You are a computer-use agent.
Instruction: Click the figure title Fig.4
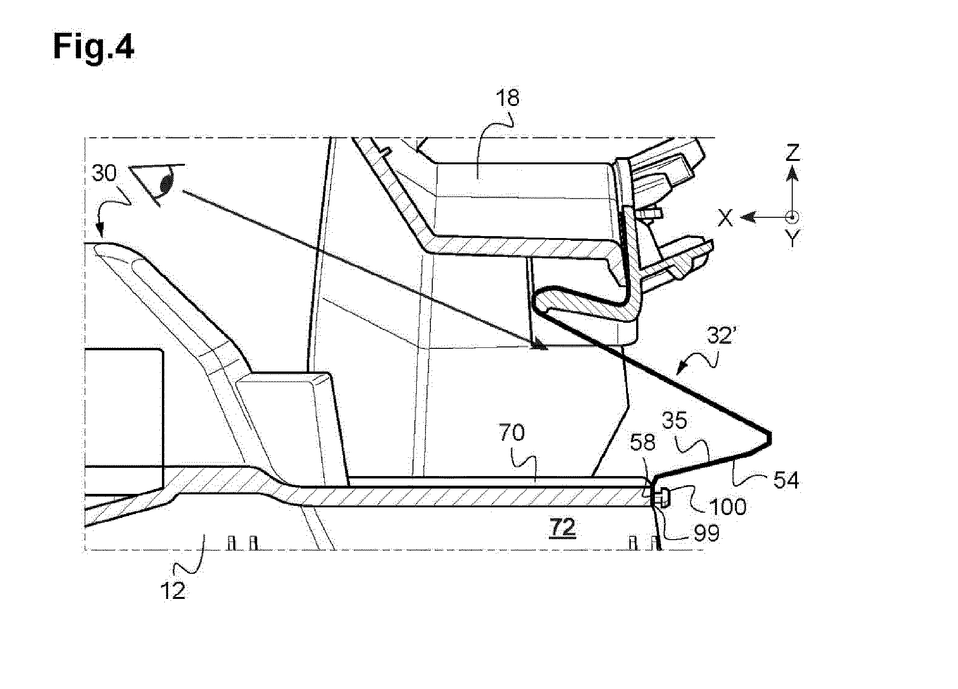pos(93,48)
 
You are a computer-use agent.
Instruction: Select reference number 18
pos(507,98)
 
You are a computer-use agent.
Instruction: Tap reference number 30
pos(104,173)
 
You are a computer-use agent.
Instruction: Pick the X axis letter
pos(726,219)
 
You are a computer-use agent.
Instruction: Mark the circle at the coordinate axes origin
pos(791,217)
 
